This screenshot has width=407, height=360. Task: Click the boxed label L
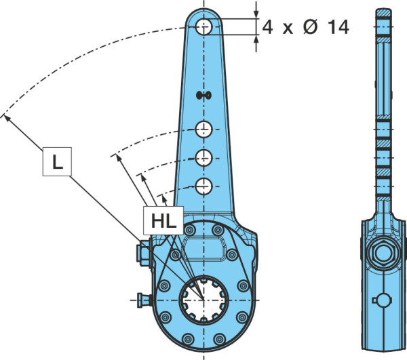click(x=57, y=161)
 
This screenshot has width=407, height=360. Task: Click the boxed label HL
click(x=163, y=221)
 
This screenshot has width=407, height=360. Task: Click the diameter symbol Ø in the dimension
click(x=310, y=26)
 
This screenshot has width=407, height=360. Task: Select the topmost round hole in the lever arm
click(x=204, y=26)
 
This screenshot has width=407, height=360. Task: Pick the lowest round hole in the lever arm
click(x=204, y=186)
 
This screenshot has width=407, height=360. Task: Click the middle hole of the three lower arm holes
click(x=204, y=158)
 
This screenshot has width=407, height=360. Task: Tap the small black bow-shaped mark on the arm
click(x=203, y=96)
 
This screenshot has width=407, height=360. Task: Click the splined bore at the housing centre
click(x=204, y=300)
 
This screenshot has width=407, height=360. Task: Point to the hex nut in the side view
click(x=384, y=253)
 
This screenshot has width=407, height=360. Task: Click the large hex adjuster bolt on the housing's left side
click(x=144, y=253)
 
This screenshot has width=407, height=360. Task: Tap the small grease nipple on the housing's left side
click(x=144, y=300)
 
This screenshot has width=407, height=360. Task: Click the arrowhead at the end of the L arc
click(x=7, y=119)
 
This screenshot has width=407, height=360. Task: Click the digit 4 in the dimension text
click(x=267, y=27)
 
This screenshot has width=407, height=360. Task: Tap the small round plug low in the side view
click(x=383, y=300)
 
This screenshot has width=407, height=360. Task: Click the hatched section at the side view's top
click(x=383, y=13)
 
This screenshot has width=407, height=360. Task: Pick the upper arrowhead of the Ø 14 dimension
click(x=256, y=14)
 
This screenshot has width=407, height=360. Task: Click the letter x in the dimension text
click(x=288, y=28)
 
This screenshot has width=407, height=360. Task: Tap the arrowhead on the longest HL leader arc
click(x=119, y=158)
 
